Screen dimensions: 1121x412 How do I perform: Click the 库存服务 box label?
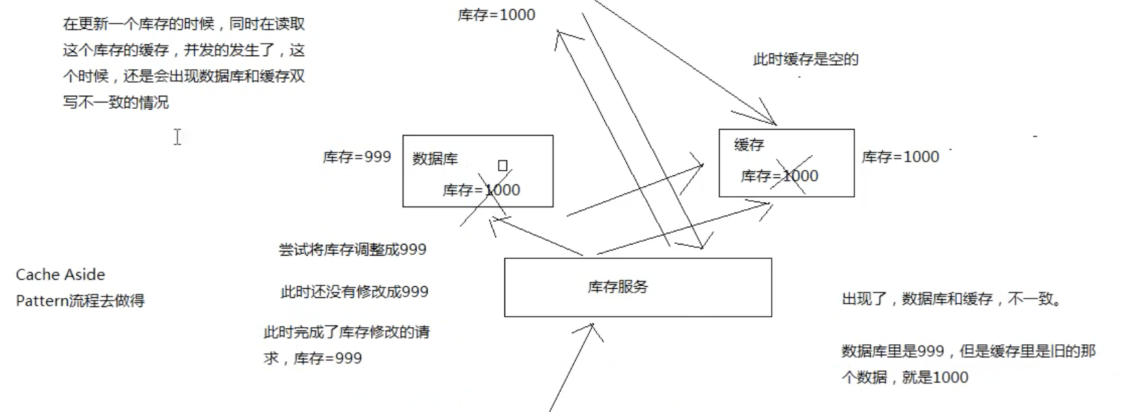coord(617,287)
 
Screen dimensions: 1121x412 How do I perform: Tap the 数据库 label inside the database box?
coord(435,159)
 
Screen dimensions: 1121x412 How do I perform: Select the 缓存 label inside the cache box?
coord(748,145)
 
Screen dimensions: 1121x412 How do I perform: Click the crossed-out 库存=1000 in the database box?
coord(481,190)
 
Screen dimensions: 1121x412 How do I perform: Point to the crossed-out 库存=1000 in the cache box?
coord(779,176)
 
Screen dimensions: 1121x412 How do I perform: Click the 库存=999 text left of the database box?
coord(357,157)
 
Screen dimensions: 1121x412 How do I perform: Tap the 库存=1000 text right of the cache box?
coord(900,157)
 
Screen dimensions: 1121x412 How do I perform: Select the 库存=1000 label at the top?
coord(496,15)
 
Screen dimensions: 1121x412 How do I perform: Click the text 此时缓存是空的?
coord(806,60)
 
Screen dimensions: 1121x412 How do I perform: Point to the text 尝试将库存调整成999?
coord(352,250)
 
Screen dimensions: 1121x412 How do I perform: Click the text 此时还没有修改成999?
coord(354,292)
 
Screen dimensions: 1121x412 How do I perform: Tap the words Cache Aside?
coord(60,274)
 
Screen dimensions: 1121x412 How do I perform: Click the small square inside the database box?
coord(502,166)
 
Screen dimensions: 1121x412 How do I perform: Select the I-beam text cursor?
coord(177,137)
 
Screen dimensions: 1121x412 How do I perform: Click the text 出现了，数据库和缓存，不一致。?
coord(952,299)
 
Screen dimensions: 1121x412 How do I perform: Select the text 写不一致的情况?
coord(115,102)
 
